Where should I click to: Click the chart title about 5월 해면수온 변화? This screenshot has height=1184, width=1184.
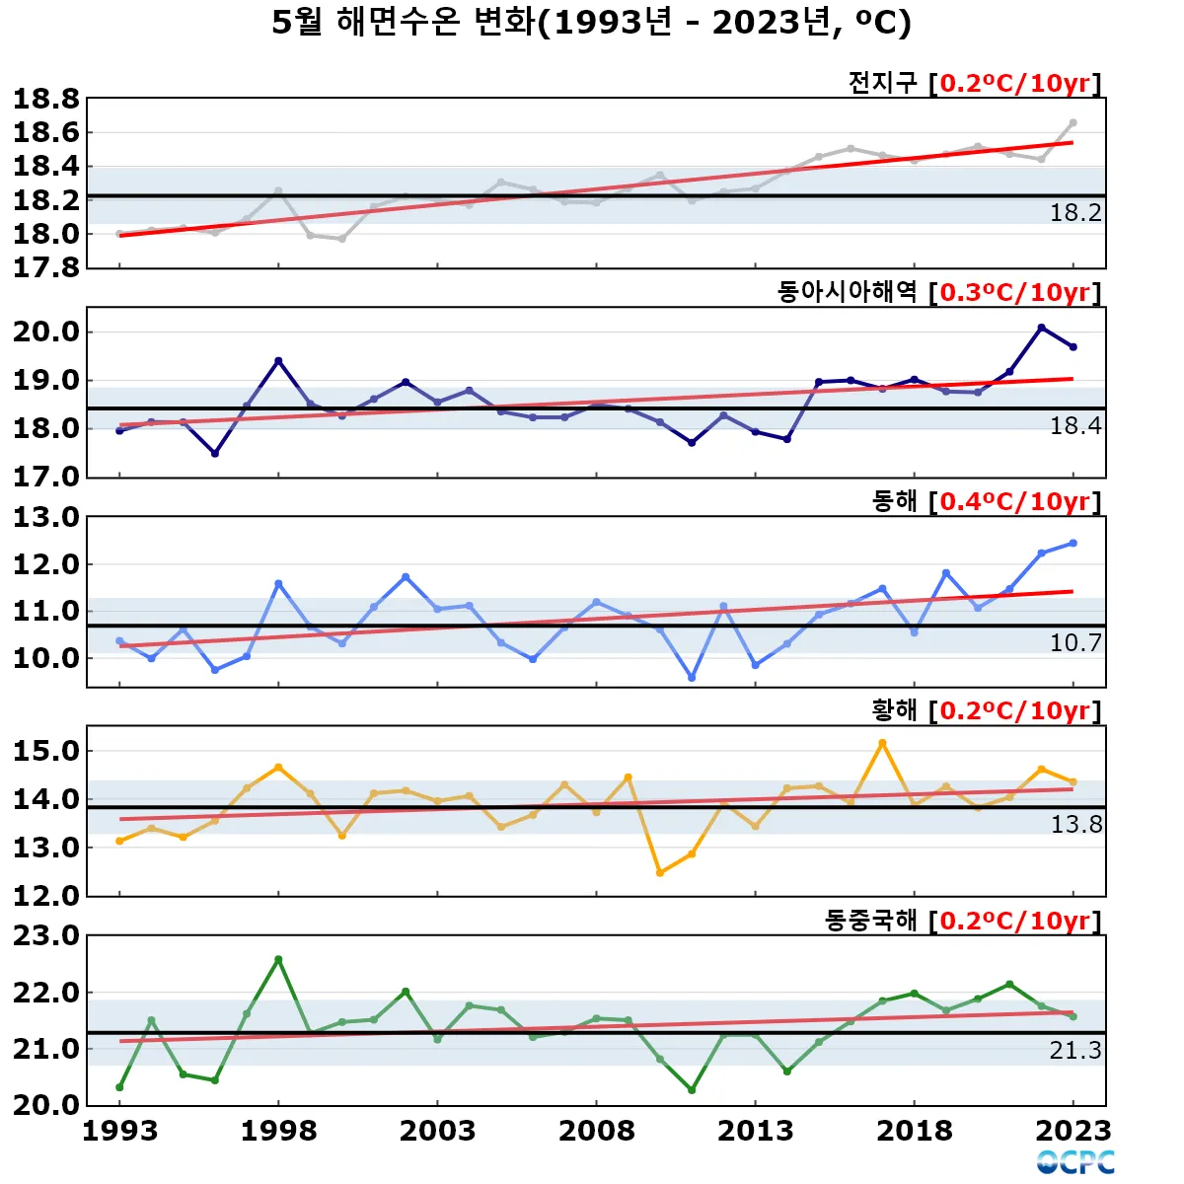click(591, 23)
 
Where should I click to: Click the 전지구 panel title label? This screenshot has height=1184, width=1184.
click(882, 83)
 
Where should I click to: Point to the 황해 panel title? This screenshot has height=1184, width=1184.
click(894, 710)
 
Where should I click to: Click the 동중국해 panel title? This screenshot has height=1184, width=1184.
click(870, 921)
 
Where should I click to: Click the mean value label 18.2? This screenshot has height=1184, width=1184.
click(1075, 213)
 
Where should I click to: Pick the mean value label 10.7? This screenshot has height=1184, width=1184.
click(1075, 643)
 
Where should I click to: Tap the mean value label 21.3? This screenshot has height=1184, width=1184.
click(1075, 1051)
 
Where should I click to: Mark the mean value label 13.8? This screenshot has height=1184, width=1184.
click(1075, 825)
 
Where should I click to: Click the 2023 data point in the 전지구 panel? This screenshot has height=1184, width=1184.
click(1073, 123)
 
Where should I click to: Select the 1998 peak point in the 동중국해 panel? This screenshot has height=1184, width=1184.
click(278, 959)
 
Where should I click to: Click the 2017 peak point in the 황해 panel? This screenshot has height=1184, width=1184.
click(882, 743)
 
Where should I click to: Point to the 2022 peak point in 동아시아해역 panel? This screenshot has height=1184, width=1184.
click(1041, 328)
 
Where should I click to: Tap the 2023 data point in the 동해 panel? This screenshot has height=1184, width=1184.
click(1073, 543)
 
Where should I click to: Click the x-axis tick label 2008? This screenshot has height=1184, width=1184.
click(596, 1131)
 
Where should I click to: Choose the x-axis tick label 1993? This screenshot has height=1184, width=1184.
click(119, 1131)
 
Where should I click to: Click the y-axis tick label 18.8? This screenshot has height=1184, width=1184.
click(45, 99)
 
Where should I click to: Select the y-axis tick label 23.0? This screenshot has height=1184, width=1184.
click(45, 935)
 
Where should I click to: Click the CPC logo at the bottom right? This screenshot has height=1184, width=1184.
click(1075, 1162)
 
